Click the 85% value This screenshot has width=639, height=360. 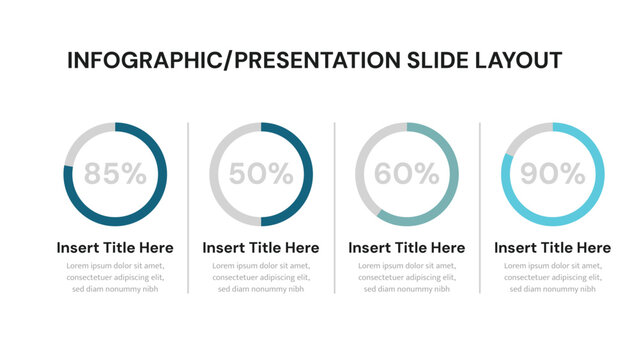point(115,174)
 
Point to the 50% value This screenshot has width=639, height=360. point(261,174)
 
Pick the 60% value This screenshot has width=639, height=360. point(407,174)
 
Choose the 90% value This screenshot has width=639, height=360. point(553,174)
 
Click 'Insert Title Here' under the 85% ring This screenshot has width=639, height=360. point(115,247)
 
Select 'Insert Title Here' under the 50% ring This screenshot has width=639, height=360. point(261,247)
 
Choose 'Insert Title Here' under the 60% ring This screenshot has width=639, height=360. point(407,247)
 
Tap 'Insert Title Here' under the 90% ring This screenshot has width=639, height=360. point(553,247)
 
